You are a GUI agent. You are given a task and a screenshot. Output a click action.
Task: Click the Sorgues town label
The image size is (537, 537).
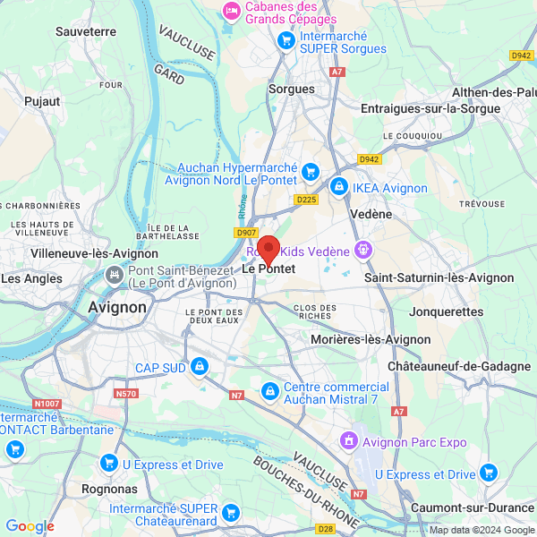coord(292,89)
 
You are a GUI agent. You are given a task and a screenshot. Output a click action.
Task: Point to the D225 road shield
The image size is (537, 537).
coord(306,200)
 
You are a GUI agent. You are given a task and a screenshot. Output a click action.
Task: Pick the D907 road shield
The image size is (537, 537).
coord(246,233)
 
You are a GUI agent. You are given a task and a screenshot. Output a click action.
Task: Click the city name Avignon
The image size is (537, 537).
coord(117,307)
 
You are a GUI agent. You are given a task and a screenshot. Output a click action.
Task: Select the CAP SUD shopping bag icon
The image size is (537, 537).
coord(199,367)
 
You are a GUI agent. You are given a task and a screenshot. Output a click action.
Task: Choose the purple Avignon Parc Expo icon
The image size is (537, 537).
coord(349,441)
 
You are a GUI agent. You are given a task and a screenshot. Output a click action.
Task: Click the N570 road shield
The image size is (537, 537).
coord(126,392)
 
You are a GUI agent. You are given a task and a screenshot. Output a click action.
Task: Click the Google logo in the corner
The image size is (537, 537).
coord(30,526)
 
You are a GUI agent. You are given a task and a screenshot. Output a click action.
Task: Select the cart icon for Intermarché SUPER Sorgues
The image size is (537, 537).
coord(286,39)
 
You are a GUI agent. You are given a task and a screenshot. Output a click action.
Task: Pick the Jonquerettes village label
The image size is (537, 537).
coord(446,312)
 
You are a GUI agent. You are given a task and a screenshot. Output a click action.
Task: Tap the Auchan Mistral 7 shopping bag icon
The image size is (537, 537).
coord(269,391)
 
